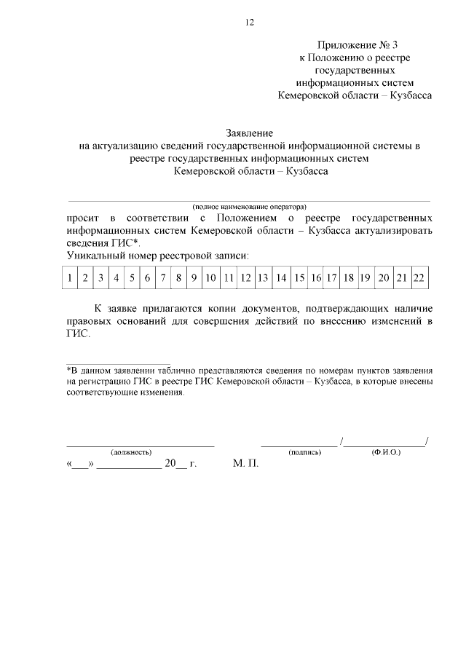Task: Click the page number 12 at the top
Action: coord(248,23)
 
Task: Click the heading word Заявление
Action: coord(249,134)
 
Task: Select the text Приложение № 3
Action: coord(356,46)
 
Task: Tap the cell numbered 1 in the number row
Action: coord(68,277)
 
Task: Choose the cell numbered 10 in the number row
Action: coord(210,277)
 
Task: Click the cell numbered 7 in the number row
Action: coord(163,277)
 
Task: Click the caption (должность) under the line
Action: coord(131,452)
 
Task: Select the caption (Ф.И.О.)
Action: coord(386,452)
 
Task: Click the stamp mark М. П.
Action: coord(245,463)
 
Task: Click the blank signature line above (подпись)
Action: coord(299,443)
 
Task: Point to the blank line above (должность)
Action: coord(141,443)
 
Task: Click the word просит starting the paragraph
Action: coord(81,218)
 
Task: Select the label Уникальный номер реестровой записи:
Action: coord(157,256)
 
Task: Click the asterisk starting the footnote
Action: coord(68,369)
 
